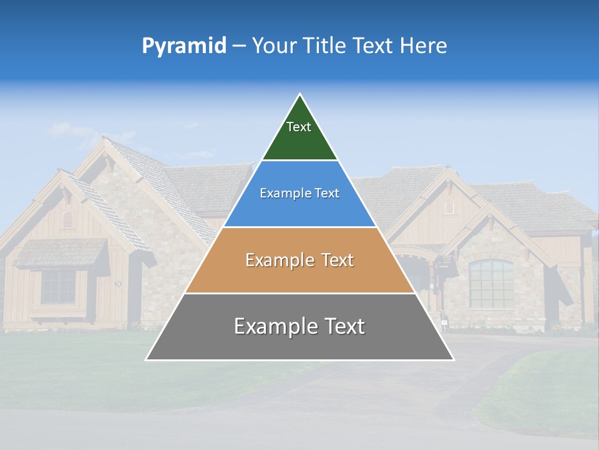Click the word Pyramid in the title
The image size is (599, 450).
[x=183, y=46]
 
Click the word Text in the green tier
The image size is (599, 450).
[x=299, y=127]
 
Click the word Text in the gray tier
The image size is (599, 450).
[x=340, y=326]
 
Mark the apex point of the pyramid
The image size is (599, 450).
[x=300, y=94]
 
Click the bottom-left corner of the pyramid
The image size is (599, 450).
[x=147, y=359]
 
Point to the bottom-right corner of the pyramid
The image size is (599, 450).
[x=453, y=359]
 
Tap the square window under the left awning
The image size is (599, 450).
[x=59, y=286]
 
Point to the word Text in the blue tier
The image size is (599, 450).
[x=326, y=194]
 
